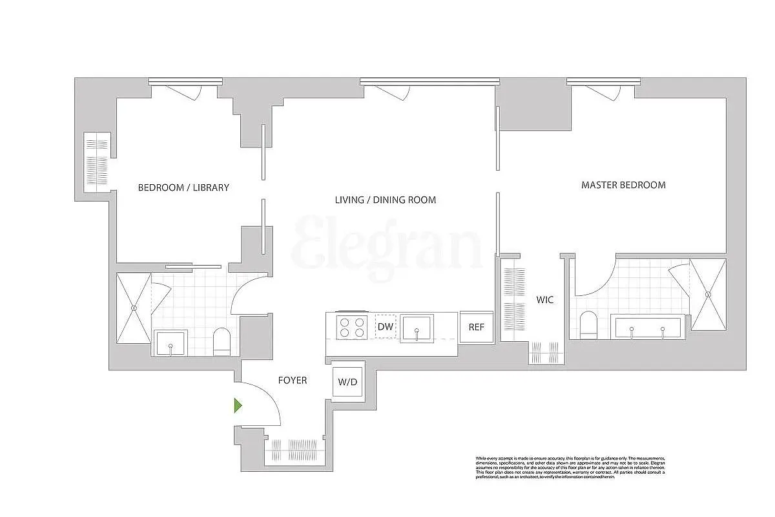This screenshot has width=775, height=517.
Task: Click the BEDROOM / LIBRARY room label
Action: pyautogui.click(x=183, y=187)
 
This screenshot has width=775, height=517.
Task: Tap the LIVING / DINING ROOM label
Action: pyautogui.click(x=385, y=200)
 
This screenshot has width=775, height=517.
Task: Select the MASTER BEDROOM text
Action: pyautogui.click(x=623, y=185)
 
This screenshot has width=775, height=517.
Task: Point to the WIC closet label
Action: pyautogui.click(x=544, y=300)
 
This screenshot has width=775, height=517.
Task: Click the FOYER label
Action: pyautogui.click(x=292, y=380)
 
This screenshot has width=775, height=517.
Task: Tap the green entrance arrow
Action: pyautogui.click(x=238, y=406)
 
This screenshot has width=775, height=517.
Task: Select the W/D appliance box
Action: pyautogui.click(x=347, y=382)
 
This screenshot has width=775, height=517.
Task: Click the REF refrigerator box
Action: pyautogui.click(x=476, y=327)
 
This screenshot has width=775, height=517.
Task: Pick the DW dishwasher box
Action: pyautogui.click(x=385, y=327)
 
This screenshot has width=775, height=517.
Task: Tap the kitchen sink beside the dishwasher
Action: pyautogui.click(x=417, y=328)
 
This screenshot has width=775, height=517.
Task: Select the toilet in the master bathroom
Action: pyautogui.click(x=588, y=325)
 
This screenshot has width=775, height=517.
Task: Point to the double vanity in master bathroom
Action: pyautogui.click(x=646, y=328)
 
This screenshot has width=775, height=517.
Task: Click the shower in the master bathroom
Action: pyautogui.click(x=708, y=295)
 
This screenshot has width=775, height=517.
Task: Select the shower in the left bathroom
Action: pyautogui.click(x=133, y=308)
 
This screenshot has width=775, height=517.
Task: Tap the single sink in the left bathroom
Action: pyautogui.click(x=170, y=343)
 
